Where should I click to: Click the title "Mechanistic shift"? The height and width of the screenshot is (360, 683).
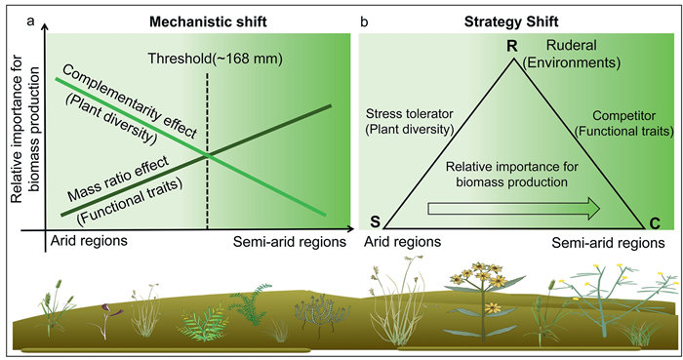[208, 21]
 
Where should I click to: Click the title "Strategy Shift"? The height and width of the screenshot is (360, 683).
[511, 21]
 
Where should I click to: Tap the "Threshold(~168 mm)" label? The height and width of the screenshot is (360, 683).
[216, 59]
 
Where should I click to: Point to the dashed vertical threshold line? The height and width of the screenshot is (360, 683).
[207, 151]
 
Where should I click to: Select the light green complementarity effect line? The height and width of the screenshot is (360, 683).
[190, 146]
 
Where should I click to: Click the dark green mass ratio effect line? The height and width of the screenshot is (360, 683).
[195, 160]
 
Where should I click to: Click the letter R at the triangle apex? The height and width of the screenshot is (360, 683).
[512, 45]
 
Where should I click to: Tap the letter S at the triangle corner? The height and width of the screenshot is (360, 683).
[375, 221]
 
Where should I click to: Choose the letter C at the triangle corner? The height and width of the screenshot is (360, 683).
[655, 223]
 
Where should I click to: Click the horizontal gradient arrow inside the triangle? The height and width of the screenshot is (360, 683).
[514, 208]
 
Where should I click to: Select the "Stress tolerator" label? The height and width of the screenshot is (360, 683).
[410, 114]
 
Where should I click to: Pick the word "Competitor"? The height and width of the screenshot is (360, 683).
[623, 116]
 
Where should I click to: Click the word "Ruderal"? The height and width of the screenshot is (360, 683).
[571, 45]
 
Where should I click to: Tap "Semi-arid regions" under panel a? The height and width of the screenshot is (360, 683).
[290, 242]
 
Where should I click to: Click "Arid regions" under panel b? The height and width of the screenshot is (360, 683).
[402, 242]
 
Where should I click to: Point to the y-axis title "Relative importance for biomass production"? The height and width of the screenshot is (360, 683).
[25, 130]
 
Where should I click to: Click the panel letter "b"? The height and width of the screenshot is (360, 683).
[364, 21]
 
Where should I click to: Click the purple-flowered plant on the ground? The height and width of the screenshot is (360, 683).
[104, 320]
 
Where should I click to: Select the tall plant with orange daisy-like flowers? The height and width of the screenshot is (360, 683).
[484, 300]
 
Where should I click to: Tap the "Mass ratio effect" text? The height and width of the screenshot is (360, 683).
[118, 180]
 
